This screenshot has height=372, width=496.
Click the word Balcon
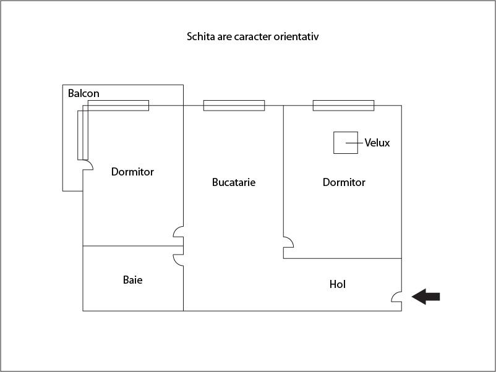[83, 93]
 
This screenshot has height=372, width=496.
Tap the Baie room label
[132, 280]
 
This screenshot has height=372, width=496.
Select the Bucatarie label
[234, 182]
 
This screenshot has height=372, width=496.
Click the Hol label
[338, 284]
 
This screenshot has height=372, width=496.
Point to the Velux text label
[377, 143]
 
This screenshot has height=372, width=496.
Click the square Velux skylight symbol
[346, 143]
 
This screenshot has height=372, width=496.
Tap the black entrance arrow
[425, 297]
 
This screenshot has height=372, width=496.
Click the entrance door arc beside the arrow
[396, 297]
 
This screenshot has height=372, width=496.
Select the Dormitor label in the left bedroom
[132, 172]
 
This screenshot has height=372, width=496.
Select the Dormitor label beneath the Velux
[344, 182]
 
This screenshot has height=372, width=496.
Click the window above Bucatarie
[234, 106]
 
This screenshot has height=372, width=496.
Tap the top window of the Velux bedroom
[343, 106]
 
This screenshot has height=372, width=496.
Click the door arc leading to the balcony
[88, 164]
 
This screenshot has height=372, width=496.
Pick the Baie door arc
[178, 260]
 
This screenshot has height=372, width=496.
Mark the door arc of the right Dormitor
[288, 242]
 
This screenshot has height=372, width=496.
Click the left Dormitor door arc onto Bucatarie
[178, 232]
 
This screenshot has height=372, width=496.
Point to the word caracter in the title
[253, 36]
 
